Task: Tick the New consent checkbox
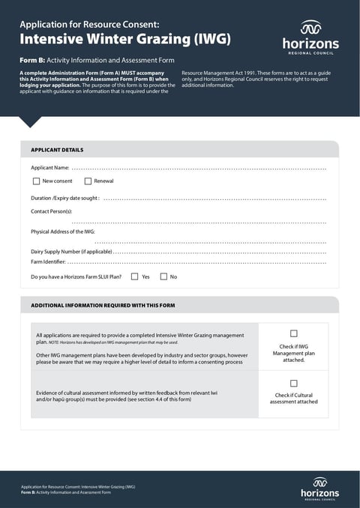point(36,181)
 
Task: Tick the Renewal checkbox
point(88,181)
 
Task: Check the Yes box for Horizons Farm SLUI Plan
point(134,276)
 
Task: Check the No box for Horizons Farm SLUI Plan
point(163,276)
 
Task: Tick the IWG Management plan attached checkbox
point(293,333)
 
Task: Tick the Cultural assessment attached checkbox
point(293,383)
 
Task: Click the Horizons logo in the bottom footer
point(319,488)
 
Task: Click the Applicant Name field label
point(49,167)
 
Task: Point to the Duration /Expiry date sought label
point(64,199)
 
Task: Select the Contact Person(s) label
point(51,212)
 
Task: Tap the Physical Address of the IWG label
point(62,232)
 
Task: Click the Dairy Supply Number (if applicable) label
point(71,251)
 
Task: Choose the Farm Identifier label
point(48,261)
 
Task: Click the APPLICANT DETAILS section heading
point(57,150)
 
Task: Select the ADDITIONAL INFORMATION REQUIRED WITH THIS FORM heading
point(103,306)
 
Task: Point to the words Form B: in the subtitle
point(33,59)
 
